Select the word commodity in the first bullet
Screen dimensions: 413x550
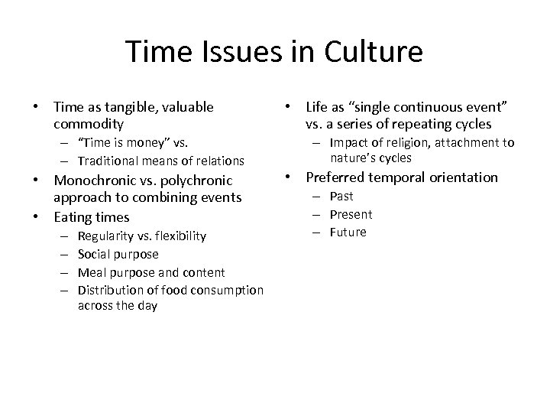point(86,122)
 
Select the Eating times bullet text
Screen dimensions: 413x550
point(91,217)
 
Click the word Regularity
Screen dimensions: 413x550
point(106,236)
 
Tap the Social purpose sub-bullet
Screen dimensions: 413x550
point(118,254)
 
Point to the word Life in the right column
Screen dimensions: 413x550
point(317,108)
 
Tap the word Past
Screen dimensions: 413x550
point(341,197)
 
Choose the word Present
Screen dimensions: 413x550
point(351,215)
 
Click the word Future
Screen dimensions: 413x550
point(348,232)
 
